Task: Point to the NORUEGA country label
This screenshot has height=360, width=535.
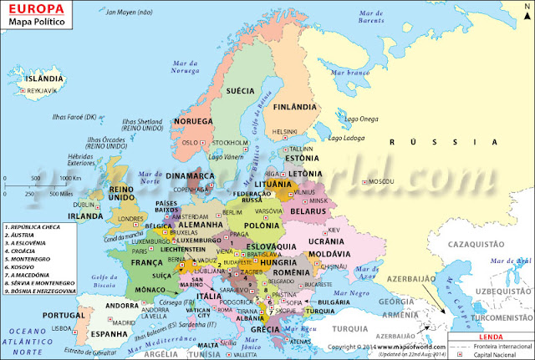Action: coord(194,122)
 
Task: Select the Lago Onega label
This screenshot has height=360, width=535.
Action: coord(359,119)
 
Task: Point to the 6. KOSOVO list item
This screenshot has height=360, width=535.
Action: coord(25,266)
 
